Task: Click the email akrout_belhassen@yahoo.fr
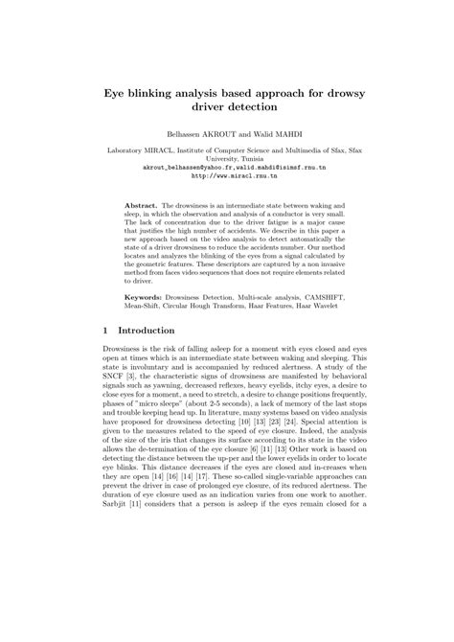(170, 168)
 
